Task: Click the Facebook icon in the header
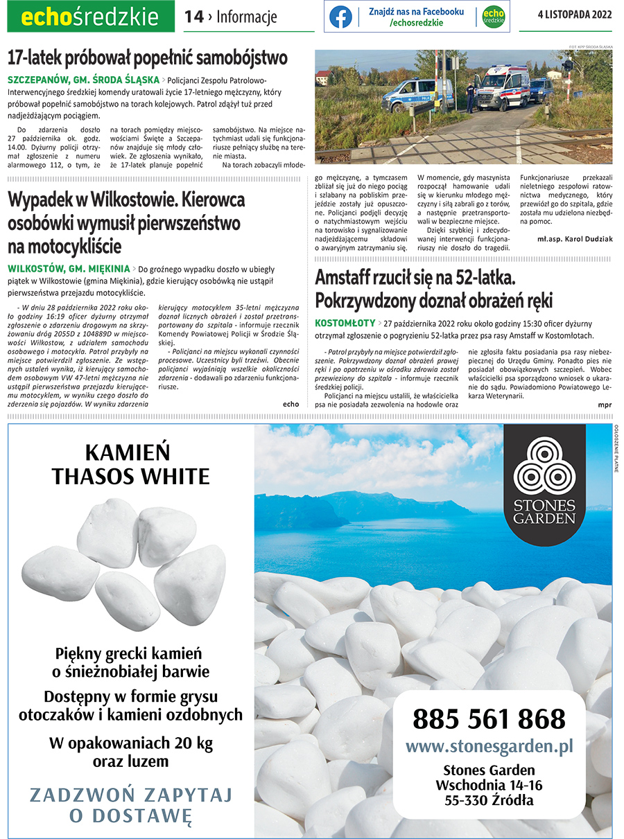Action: (340, 17)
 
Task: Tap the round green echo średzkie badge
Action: (493, 17)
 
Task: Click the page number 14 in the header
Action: (194, 17)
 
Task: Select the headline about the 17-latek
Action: (148, 57)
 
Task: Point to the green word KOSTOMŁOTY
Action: (345, 323)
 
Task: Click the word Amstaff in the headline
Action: (347, 279)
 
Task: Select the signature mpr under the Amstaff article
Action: (605, 403)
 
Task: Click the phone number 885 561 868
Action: (489, 719)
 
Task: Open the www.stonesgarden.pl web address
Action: (489, 746)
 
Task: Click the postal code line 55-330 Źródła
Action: (489, 800)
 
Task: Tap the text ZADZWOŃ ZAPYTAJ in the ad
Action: (131, 794)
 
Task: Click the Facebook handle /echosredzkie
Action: (416, 23)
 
